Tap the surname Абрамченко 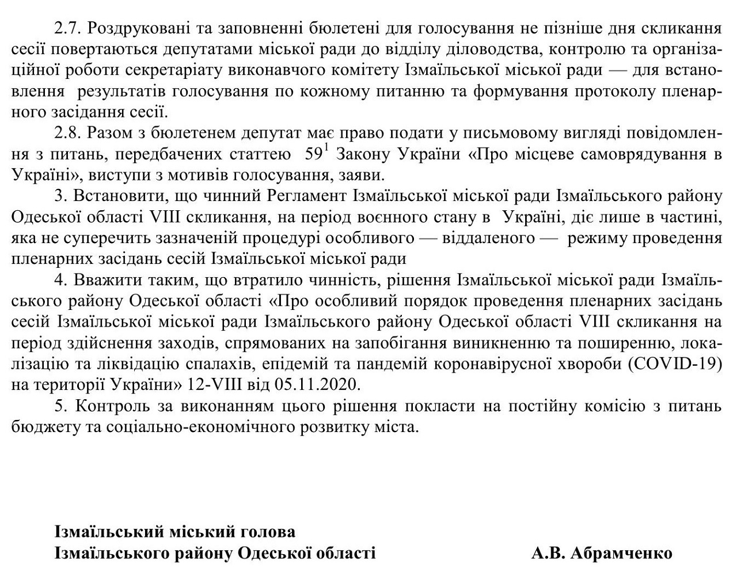click(x=621, y=553)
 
